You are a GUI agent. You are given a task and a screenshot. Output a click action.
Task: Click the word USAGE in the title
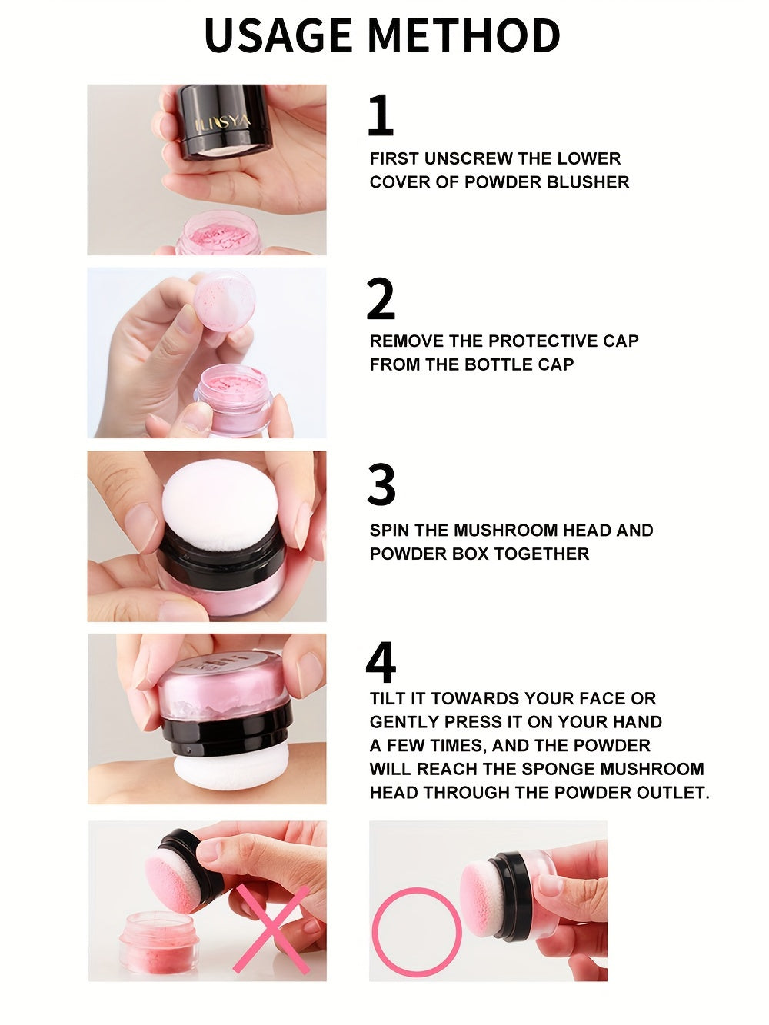[278, 35]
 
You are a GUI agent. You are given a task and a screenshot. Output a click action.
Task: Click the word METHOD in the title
[464, 35]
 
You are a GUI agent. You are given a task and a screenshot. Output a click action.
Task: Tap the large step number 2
[381, 300]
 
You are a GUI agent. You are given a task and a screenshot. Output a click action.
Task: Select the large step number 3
[381, 485]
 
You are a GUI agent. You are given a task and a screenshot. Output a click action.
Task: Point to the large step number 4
[381, 663]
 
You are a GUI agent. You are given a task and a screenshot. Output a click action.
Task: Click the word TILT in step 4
[388, 699]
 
